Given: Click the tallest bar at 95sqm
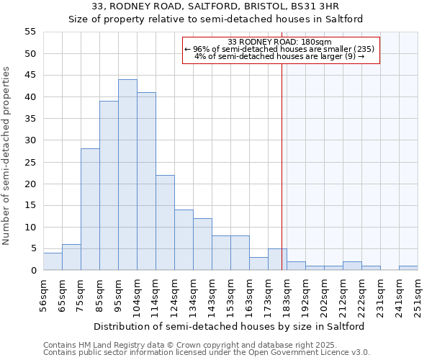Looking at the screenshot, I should [x=127, y=175].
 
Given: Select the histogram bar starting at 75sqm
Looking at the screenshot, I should [x=90, y=210].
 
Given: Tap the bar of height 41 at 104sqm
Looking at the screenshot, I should [x=146, y=181].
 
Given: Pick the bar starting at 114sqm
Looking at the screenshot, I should [x=165, y=222].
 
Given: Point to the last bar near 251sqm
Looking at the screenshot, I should [x=408, y=269].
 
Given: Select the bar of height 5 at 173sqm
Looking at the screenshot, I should [x=277, y=260].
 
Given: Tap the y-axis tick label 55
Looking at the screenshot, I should [x=30, y=32].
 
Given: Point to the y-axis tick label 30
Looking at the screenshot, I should [x=30, y=140].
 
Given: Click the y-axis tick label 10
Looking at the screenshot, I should [x=30, y=227].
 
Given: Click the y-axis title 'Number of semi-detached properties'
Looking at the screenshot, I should [x=7, y=156].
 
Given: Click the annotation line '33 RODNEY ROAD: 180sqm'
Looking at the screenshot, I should [x=279, y=42].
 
